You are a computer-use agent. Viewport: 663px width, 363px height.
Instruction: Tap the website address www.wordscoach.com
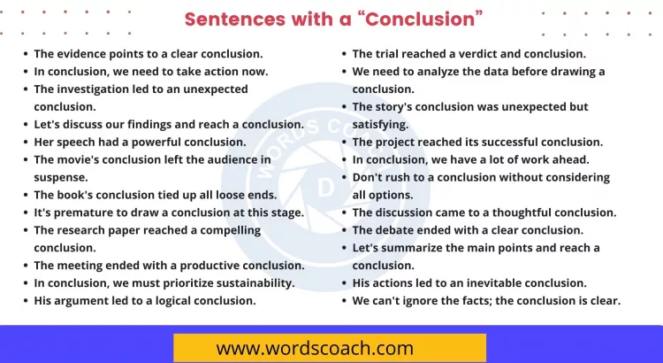pyautogui.click(x=328, y=347)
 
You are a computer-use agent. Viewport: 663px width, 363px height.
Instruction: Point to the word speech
pyautogui.click(x=78, y=142)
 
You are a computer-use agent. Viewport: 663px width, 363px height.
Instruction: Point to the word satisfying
pyautogui.click(x=380, y=124)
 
